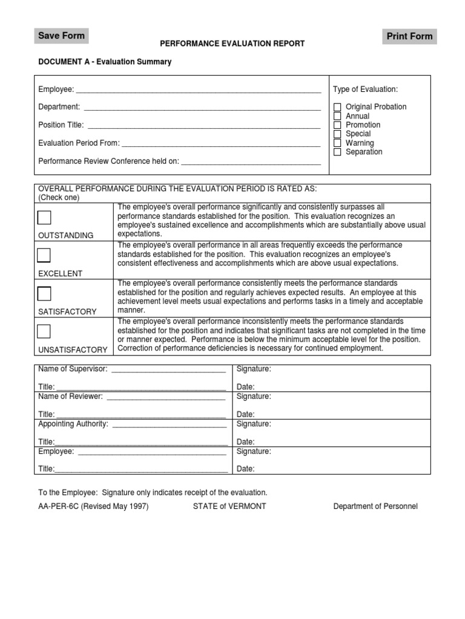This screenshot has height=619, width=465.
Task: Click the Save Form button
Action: click(62, 36)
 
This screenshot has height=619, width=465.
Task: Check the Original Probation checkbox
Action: click(337, 107)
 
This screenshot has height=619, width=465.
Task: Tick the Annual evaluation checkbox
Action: click(337, 116)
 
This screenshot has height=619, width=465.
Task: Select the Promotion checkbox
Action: click(337, 125)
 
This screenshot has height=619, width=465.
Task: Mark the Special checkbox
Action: click(337, 134)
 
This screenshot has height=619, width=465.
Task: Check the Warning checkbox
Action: click(337, 143)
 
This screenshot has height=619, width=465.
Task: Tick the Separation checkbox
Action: click(337, 152)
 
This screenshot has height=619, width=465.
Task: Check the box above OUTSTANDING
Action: click(44, 218)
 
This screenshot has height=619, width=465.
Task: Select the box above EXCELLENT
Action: click(44, 255)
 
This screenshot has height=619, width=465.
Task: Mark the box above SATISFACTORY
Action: click(44, 294)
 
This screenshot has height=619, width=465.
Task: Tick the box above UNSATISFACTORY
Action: click(44, 331)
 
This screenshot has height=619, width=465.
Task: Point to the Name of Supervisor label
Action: click(73, 369)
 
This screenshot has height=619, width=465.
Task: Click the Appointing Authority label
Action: click(73, 424)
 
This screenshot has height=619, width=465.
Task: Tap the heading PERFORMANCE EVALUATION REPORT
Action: click(232, 44)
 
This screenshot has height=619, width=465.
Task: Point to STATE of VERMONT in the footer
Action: click(229, 507)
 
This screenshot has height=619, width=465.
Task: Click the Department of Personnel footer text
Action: click(375, 507)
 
